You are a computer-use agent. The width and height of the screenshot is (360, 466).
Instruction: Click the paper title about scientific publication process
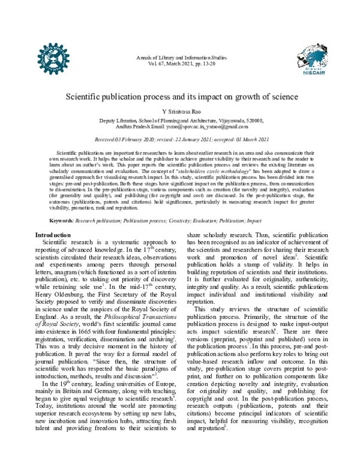pyautogui.click(x=180, y=97)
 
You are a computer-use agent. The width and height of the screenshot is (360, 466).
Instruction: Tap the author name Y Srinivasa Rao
pyautogui.click(x=180, y=112)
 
